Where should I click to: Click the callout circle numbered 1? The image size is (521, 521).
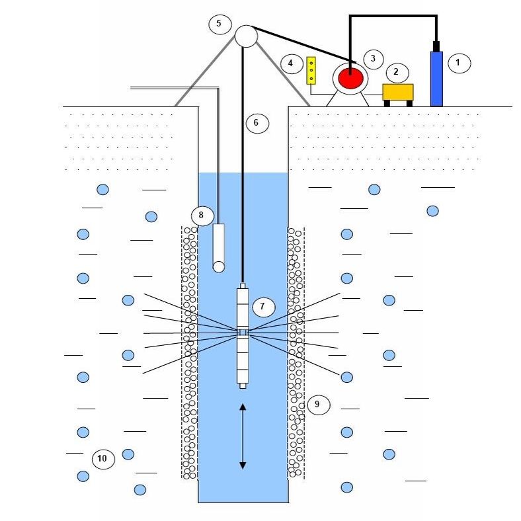click(x=459, y=63)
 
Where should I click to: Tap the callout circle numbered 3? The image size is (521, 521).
click(x=373, y=58)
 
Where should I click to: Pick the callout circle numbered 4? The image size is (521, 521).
click(x=290, y=63)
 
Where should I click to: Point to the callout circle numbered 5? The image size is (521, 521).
click(x=219, y=24)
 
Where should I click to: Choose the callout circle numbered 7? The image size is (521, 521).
click(x=262, y=306)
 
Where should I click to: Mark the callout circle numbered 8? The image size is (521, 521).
click(x=202, y=216)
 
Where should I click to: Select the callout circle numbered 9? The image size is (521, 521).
click(x=317, y=403)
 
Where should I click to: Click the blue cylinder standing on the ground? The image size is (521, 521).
click(x=436, y=79)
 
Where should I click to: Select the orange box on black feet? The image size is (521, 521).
click(x=398, y=92)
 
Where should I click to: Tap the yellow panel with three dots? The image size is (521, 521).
click(x=311, y=70)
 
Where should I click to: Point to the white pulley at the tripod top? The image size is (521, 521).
click(x=245, y=36)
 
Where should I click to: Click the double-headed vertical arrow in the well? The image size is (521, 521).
click(x=243, y=436)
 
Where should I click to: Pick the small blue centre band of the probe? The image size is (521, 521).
click(x=243, y=332)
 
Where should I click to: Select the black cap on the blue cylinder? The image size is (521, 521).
click(x=436, y=46)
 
